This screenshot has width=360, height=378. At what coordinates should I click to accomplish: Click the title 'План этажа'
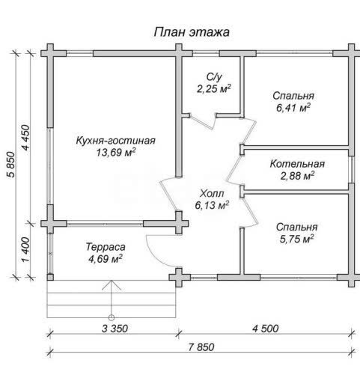click(x=192, y=32)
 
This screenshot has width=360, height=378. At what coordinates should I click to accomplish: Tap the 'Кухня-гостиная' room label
click(x=115, y=141)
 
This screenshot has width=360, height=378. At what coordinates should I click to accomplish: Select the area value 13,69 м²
click(x=116, y=152)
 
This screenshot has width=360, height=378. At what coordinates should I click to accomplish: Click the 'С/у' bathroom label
click(x=214, y=77)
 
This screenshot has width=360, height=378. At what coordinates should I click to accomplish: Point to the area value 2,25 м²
click(x=214, y=88)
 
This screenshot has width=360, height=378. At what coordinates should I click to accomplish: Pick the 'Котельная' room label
click(x=297, y=164)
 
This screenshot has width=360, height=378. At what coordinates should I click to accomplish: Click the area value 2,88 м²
click(x=297, y=176)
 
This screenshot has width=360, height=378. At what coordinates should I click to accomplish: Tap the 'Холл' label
click(x=212, y=193)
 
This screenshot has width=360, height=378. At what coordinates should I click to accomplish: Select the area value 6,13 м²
click(x=212, y=205)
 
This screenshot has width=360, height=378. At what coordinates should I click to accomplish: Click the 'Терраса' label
click(x=106, y=247)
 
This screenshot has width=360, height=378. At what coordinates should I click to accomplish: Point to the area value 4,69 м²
click(x=106, y=259)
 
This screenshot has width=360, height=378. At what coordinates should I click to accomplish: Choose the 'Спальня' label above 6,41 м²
click(x=293, y=96)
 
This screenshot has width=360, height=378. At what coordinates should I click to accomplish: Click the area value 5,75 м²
click(x=296, y=239)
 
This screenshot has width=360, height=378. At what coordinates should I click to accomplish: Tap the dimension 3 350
click(x=115, y=329)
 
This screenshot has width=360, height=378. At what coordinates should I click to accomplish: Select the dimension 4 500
click(x=266, y=329)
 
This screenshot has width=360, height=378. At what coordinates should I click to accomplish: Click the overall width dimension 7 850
click(x=201, y=347)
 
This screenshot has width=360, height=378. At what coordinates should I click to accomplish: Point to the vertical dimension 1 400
click(x=25, y=250)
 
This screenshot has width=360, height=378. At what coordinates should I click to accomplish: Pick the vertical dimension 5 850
click(x=11, y=164)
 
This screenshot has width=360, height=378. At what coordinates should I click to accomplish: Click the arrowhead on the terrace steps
click(x=112, y=285)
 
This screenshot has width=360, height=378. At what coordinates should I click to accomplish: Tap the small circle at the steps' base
click(x=112, y=317)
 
